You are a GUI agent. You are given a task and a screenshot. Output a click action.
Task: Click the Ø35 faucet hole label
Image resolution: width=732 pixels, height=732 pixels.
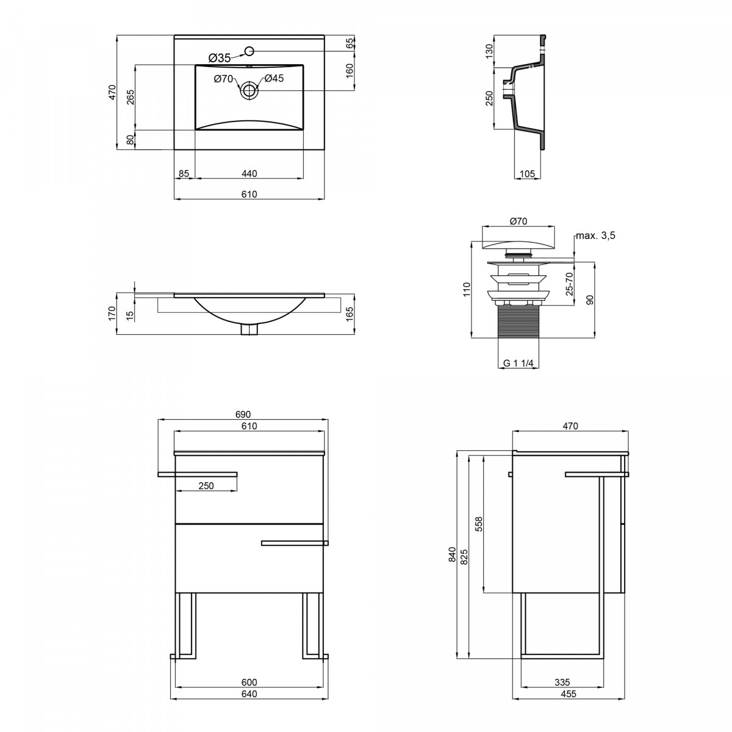[x=220, y=58]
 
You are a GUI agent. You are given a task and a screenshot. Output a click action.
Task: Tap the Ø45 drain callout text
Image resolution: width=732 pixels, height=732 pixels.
[x=274, y=78]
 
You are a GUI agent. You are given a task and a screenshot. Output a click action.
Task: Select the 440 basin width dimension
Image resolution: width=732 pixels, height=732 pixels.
[x=249, y=174]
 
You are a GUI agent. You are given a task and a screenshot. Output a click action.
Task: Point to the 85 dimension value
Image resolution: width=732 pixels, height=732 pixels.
[x=184, y=174]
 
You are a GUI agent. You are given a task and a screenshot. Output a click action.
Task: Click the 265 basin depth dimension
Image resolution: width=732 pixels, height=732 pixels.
[x=131, y=97]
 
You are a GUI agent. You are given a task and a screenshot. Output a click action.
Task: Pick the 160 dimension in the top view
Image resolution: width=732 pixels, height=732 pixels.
[x=350, y=71]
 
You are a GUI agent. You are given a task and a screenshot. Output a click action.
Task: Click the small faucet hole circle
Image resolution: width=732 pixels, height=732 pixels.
[x=249, y=51]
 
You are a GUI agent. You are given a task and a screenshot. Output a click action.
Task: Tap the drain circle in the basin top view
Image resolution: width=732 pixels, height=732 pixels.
[x=249, y=91]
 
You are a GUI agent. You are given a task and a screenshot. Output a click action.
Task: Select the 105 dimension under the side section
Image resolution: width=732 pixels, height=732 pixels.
[x=527, y=174]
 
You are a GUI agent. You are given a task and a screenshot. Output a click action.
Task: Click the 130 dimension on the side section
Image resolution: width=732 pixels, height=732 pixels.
[x=489, y=51]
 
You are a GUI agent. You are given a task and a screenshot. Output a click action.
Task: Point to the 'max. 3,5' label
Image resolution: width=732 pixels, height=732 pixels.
[x=595, y=235]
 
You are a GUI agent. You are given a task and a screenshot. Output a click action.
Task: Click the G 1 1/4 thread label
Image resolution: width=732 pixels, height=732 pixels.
[x=518, y=363]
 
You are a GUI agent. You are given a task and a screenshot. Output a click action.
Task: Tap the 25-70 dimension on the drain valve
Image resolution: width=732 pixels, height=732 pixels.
[x=569, y=284]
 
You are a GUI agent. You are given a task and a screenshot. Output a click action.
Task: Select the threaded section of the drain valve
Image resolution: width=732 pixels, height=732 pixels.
[x=518, y=321]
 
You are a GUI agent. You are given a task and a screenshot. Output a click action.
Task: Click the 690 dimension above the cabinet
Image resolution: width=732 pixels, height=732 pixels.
[x=243, y=414]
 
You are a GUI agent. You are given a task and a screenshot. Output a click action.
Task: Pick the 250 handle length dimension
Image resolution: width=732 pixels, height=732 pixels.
[x=206, y=486]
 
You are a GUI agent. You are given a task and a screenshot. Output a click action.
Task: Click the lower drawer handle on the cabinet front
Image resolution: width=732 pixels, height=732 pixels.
[x=295, y=544]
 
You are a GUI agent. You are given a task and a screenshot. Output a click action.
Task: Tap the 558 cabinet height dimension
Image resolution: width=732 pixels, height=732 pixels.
[x=479, y=524]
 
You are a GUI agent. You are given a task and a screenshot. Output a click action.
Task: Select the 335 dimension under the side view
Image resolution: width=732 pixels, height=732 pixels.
[x=562, y=682]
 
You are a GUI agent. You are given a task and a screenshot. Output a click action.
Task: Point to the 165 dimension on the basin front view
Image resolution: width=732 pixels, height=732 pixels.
[x=350, y=314]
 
